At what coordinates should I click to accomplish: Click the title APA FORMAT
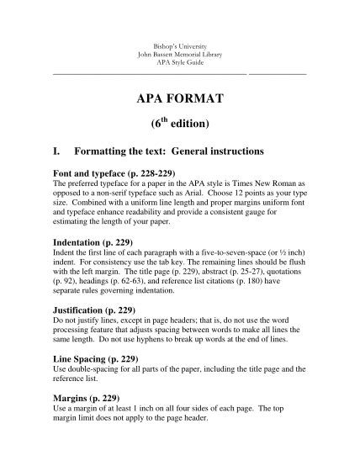(x=179, y=99)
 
